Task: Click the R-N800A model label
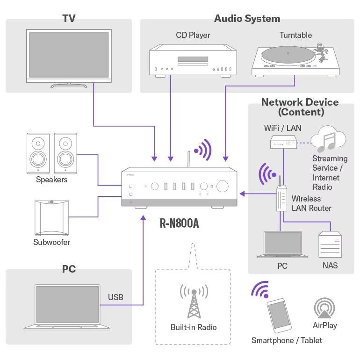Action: pos(180,223)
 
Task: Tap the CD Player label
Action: pos(193,35)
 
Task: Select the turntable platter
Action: pos(288,55)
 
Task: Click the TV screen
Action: pos(69,55)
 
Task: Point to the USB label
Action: pos(115,297)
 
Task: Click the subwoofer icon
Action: pos(51,218)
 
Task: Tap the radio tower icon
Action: pos(194,301)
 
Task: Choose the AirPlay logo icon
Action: pos(324,308)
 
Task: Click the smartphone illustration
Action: pos(279,316)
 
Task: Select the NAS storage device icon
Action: pos(330,244)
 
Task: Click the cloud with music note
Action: pos(328,139)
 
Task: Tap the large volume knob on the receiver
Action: pos(222,186)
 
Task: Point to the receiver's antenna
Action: pos(189,159)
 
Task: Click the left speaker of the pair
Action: pos(38,153)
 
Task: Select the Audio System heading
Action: pos(247,19)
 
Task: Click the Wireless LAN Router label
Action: pos(311,203)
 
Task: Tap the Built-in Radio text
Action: pos(194,327)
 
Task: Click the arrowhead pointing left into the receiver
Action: pos(242,194)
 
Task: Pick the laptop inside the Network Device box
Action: pos(282,244)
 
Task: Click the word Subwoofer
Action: pos(51,242)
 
